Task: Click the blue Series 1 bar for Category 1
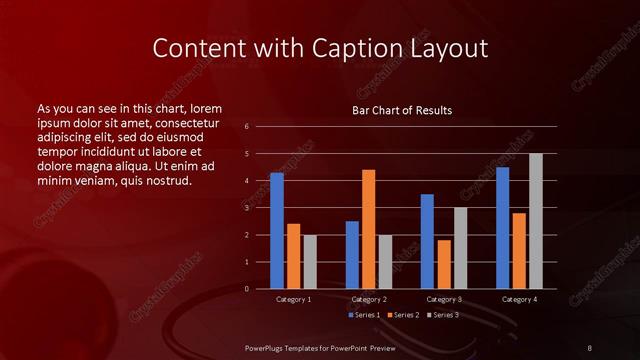(276, 231)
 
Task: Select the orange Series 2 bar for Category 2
(368, 229)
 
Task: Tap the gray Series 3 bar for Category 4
(536, 221)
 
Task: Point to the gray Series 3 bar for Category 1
(310, 262)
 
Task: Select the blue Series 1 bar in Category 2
(352, 255)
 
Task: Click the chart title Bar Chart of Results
(402, 110)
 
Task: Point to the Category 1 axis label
(293, 299)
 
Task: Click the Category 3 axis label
(444, 299)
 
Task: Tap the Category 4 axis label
(519, 299)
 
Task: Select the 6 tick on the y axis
(247, 127)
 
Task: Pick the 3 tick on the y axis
(247, 208)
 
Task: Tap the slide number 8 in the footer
(590, 347)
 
